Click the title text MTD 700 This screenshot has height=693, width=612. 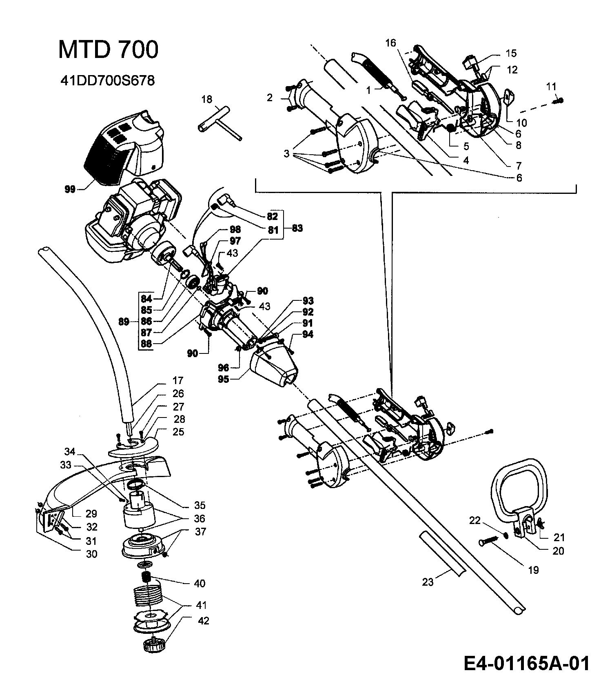point(108,50)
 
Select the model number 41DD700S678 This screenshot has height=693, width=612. point(107,81)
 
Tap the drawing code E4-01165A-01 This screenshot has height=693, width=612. point(527,664)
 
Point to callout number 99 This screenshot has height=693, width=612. point(70,189)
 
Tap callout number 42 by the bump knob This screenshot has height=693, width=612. point(203,621)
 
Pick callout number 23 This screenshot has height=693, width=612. point(428,582)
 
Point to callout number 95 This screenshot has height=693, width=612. point(223,379)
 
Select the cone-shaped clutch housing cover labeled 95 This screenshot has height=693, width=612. point(272,365)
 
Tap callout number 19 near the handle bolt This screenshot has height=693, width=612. point(534,570)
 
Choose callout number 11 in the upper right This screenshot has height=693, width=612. point(551,87)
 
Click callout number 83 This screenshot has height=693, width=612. point(297,228)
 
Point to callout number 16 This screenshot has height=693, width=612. point(390,43)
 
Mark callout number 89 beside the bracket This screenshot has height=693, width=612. point(123,322)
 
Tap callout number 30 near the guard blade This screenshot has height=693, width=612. point(92,554)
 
